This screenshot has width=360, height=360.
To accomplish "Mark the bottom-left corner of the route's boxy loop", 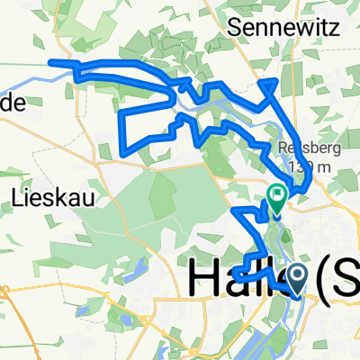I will coord(123,149).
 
